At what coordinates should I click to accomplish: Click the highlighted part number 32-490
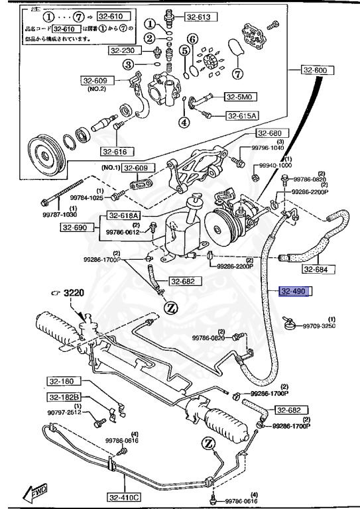coord(295,291)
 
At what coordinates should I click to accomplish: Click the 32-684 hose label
coord(319,269)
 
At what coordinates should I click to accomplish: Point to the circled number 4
coord(184,122)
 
